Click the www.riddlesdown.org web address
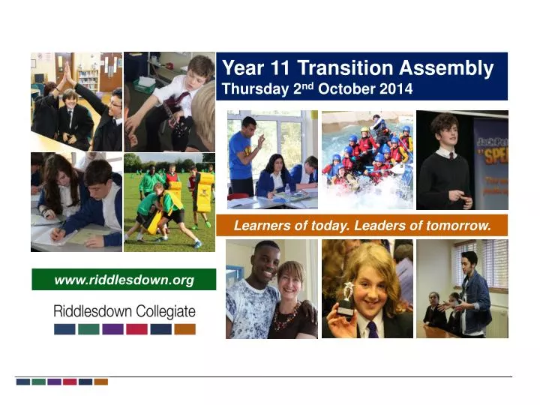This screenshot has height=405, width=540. (x=124, y=280)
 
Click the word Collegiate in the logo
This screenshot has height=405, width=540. (x=161, y=310)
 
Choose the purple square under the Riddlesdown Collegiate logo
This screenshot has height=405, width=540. (x=112, y=328)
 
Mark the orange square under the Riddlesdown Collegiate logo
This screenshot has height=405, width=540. (x=184, y=328)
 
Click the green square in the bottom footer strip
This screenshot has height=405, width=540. (x=38, y=382)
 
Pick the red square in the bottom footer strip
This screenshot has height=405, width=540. (x=70, y=382)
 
